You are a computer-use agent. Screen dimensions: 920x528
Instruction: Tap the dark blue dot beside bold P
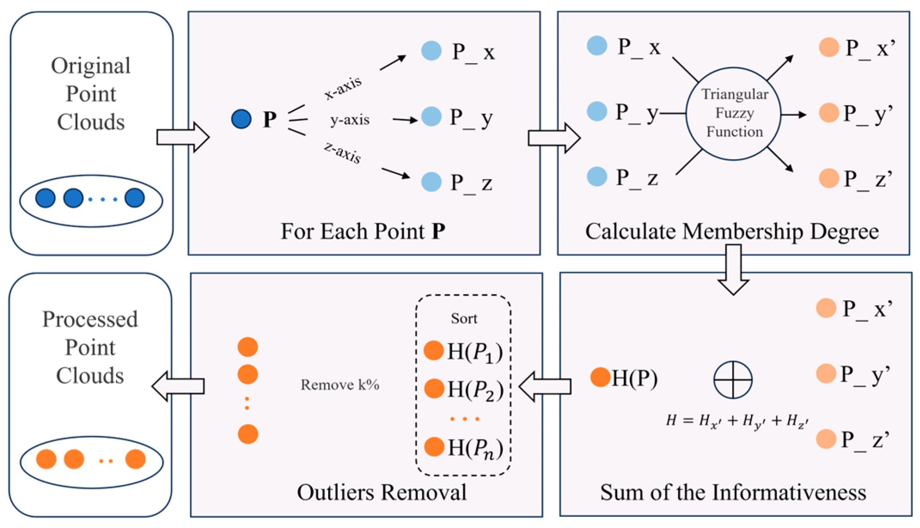pos(241,119)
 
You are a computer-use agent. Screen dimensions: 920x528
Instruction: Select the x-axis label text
pos(343,88)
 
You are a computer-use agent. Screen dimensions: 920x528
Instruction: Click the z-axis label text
pos(342,153)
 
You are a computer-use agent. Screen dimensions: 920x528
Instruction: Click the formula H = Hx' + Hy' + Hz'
pos(737,421)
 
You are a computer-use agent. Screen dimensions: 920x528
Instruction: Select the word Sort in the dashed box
pos(464,318)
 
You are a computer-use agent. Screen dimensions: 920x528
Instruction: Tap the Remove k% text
pos(340,385)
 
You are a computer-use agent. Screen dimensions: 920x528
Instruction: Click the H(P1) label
pos(475,352)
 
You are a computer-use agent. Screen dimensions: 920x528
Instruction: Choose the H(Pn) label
pos(475,448)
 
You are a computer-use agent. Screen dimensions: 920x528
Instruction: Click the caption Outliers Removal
pos(381,492)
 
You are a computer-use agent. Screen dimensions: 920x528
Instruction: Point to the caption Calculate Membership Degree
pos(732,232)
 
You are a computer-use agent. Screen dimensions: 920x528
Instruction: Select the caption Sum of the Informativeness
pos(733,492)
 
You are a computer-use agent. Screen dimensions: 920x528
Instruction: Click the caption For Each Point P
pos(363,231)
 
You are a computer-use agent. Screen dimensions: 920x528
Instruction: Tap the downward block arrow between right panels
pos(733,270)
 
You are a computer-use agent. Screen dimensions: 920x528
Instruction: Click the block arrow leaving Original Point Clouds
pos(183,137)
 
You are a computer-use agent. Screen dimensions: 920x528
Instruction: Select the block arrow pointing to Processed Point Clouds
pos(178,386)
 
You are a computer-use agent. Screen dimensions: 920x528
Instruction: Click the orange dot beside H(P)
pos(600,377)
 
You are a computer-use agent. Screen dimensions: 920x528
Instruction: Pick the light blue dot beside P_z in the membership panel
pos(597,176)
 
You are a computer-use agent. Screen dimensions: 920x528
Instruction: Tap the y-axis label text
pos(350,120)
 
